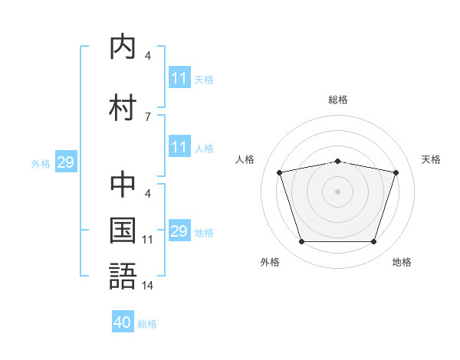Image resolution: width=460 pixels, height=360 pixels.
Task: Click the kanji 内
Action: pos(123,47)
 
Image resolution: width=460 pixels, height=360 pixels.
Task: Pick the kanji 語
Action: pos(123,275)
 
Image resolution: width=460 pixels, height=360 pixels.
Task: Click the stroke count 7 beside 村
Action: pos(148,116)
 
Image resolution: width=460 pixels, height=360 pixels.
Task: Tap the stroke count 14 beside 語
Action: pos(148,286)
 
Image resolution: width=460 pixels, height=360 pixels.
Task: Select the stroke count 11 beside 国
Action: pos(148,240)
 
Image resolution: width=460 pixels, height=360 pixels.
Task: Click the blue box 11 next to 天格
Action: pos(179,78)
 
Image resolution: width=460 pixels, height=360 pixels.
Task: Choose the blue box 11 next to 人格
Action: pos(179,147)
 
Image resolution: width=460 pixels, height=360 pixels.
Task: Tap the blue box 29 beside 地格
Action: pos(179,231)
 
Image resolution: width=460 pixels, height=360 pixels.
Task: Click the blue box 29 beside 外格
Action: pos(65,162)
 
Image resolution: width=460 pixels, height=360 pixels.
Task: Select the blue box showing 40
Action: pos(123,322)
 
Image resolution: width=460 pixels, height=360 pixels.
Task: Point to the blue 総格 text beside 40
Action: pos(147,324)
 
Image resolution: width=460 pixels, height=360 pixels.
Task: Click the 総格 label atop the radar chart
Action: pos(338,100)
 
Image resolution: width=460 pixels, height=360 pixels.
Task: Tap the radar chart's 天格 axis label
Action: pos(432,159)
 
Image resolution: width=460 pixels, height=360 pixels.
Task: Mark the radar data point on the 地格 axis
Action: pos(373,242)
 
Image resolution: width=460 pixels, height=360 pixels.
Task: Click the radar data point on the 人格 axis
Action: pos(280,172)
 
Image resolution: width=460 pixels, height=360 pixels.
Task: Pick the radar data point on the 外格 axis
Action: pos(301,242)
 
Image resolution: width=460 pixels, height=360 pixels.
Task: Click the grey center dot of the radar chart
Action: pos(337,191)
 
